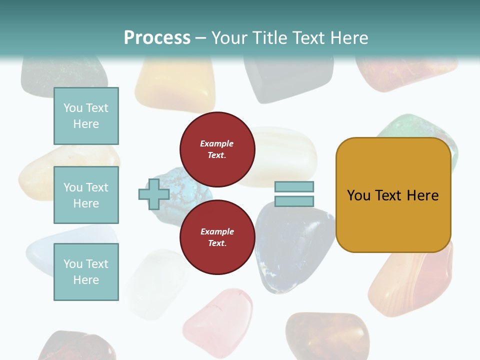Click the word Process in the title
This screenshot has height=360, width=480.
click(157, 38)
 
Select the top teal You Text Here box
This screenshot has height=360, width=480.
click(86, 116)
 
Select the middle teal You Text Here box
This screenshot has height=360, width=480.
click(86, 195)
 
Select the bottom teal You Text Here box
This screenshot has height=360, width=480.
click(86, 271)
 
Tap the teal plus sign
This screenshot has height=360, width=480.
click(153, 194)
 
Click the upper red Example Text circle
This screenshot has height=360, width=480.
click(217, 149)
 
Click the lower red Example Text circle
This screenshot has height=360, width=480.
click(217, 237)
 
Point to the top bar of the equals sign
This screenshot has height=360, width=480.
click(294, 187)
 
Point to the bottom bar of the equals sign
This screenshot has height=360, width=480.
click(294, 201)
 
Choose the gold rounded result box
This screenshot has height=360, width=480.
click(393, 195)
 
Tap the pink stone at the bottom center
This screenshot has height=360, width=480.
click(217, 315)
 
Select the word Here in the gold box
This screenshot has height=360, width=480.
click(422, 195)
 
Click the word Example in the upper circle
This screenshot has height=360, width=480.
click(217, 143)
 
